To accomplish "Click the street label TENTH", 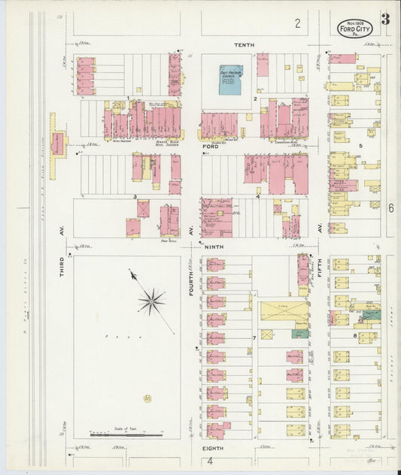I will pyautogui.click(x=244, y=45).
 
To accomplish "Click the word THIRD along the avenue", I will pyautogui.click(x=64, y=266).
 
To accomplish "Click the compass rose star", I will pyautogui.click(x=151, y=301).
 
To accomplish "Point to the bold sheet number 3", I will pyautogui.click(x=384, y=20).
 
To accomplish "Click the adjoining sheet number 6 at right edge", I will pyautogui.click(x=391, y=208).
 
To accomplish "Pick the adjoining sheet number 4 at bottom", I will pyautogui.click(x=211, y=461).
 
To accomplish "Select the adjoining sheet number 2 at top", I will pyautogui.click(x=297, y=23).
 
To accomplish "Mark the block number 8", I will pyautogui.click(x=354, y=336).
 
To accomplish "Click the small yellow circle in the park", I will pyautogui.click(x=147, y=398).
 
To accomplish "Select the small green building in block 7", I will pyautogui.click(x=299, y=333).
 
